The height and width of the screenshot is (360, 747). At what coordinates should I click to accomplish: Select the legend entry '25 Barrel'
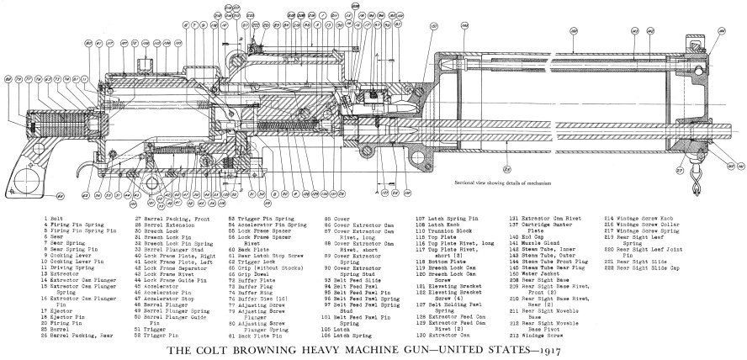(53, 328)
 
